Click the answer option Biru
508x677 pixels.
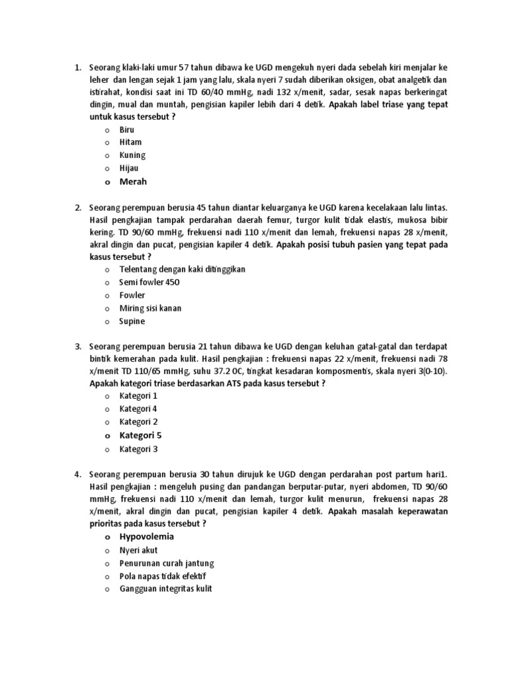(126, 130)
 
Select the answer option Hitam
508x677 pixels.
(130, 142)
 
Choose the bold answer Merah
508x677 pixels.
(133, 182)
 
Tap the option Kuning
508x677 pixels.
(132, 155)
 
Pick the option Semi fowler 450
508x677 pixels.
(149, 282)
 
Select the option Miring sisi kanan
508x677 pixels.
(150, 308)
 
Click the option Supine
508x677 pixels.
(132, 321)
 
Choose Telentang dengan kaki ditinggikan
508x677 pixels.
(183, 270)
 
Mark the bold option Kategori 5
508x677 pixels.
(140, 436)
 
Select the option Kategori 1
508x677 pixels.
(138, 396)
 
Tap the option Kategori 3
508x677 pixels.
(138, 449)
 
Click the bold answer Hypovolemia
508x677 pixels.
(146, 537)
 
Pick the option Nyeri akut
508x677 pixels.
(138, 550)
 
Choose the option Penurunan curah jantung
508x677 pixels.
(167, 563)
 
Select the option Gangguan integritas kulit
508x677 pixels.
(165, 589)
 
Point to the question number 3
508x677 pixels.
(77, 346)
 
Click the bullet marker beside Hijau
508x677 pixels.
(106, 169)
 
